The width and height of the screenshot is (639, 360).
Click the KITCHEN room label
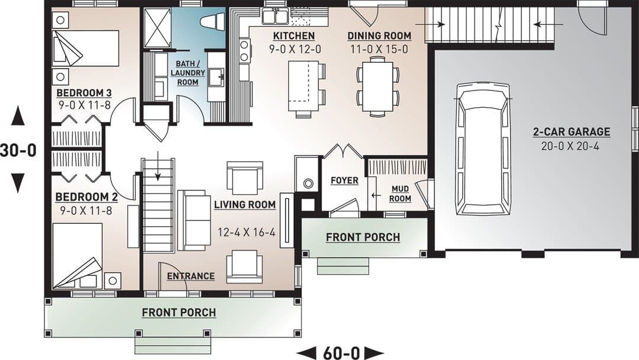coord(294,36)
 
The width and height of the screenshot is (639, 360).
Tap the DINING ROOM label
coord(379,36)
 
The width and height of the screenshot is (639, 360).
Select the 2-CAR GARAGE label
coord(572,131)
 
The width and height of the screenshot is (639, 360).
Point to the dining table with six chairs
coord(377,86)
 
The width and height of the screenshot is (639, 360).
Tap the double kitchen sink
coord(276,17)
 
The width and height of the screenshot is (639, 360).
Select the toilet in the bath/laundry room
coord(214,21)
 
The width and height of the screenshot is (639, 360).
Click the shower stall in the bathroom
coord(156,27)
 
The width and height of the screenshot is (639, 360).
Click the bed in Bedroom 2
coord(78,256)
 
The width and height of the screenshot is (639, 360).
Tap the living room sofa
coord(194,220)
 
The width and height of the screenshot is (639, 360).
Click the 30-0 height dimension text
coord(18,150)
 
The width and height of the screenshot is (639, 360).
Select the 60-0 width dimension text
coord(341,353)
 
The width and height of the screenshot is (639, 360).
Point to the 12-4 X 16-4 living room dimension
coord(247,232)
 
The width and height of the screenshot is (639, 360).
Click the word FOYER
coord(344,180)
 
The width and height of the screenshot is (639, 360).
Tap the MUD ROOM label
coord(400,194)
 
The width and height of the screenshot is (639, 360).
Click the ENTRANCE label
coord(191,276)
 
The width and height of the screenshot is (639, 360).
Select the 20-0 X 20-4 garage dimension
coord(570,146)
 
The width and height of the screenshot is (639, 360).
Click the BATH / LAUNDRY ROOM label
coord(188,73)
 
